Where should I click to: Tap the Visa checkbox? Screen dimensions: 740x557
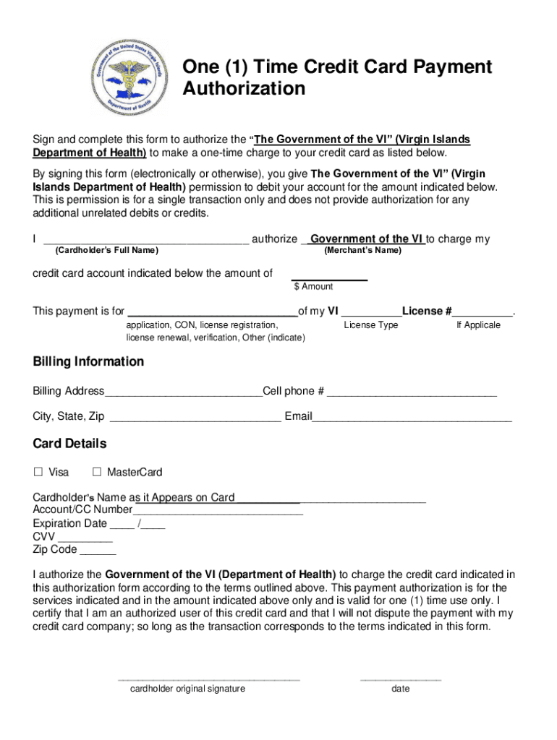click(x=38, y=472)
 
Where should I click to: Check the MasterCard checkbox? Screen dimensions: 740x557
click(x=97, y=472)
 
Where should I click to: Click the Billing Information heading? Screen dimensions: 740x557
click(x=88, y=361)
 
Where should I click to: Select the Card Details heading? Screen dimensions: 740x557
click(x=69, y=443)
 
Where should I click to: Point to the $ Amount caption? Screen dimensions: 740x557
click(x=313, y=287)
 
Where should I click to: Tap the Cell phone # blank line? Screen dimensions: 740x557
click(x=412, y=395)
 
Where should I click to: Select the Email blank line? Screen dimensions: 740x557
click(x=412, y=419)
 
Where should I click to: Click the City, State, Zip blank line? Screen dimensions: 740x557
click(x=195, y=419)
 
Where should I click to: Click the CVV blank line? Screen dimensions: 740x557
click(x=85, y=539)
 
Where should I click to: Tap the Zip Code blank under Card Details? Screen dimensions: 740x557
click(x=97, y=552)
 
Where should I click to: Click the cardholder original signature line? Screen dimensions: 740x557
click(x=208, y=679)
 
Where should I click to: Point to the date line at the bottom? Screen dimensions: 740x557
click(x=400, y=679)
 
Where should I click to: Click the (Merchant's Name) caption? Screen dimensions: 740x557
click(x=362, y=251)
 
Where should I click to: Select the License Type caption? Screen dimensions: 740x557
click(x=370, y=325)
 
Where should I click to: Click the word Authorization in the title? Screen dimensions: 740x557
click(x=244, y=89)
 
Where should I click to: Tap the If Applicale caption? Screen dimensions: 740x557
click(x=478, y=325)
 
